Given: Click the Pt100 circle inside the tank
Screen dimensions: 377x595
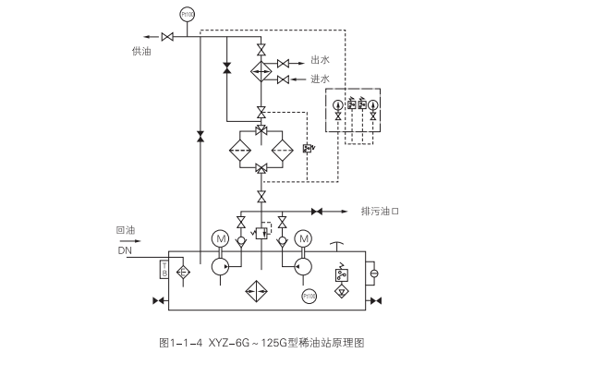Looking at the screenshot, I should pos(309,296).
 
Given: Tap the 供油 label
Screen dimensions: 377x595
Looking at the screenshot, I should pos(141,53).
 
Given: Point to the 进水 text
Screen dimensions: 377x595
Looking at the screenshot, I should pos(321,79).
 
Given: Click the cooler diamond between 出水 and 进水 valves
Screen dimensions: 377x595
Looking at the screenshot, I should pos(261,71).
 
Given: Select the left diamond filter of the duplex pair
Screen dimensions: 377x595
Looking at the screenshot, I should pos(243,150).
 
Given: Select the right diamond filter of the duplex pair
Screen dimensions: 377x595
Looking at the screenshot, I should pos(281,150).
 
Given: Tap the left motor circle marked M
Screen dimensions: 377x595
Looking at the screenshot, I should pos(221,239).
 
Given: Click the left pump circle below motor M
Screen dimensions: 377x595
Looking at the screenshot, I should pos(220,265).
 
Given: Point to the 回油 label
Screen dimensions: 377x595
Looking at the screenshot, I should pos(126,230).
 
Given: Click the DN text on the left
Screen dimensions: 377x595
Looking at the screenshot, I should pos(125,249).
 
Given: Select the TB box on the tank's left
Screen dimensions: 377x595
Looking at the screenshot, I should pos(164,269).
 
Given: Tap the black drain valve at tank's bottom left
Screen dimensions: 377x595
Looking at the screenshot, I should pos(156,301).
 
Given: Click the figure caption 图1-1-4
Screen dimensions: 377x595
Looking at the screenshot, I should pos(178,343).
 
